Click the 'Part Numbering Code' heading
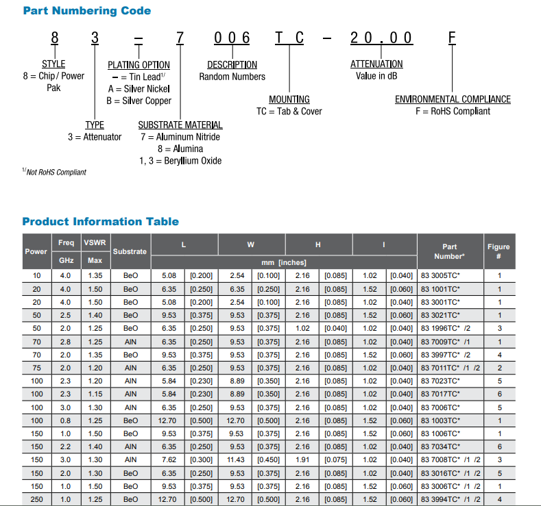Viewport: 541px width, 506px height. coord(86,11)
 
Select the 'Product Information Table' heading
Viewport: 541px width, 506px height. coord(100,222)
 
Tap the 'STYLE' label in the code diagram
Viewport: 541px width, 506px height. coord(53,64)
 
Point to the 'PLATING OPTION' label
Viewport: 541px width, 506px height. coord(139,66)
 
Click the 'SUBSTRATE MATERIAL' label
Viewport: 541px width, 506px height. coord(180,125)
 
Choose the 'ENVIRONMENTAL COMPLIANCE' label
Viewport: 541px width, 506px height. coord(453,99)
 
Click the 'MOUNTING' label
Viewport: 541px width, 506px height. coord(289,99)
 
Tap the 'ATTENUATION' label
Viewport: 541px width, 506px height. coord(376,64)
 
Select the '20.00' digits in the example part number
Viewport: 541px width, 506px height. coord(381,38)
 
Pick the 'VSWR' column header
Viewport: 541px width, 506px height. coord(95,242)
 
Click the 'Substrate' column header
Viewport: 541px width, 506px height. coord(130,251)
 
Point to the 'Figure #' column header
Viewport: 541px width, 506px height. coord(498,251)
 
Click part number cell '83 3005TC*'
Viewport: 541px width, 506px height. coord(440,276)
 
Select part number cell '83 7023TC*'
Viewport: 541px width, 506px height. coord(440,381)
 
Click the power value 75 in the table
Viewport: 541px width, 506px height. coord(36,368)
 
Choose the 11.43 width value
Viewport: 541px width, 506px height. coord(237,459)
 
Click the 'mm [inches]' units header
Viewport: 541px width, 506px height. coord(284,262)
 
